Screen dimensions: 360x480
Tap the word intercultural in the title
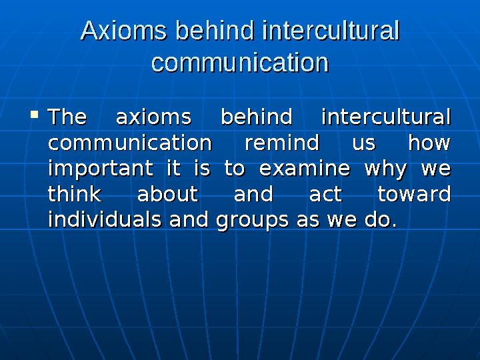[331, 31]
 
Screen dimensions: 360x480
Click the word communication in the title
[240, 63]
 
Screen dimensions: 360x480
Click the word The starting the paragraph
[67, 117]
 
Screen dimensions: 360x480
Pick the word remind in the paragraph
[281, 143]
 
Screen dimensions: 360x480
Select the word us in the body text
[363, 143]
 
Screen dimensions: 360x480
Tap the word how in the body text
[429, 143]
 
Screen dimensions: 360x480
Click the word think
[75, 194]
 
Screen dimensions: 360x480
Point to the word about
[167, 194]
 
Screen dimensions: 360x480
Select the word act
[325, 194]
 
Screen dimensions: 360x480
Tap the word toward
[414, 194]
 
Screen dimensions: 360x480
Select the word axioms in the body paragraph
[153, 117]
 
